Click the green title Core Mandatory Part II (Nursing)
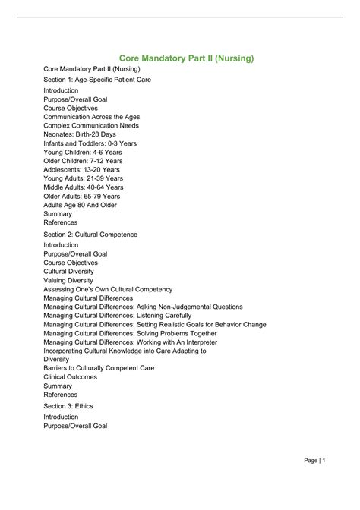click(x=186, y=58)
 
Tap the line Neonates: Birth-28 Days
click(x=80, y=134)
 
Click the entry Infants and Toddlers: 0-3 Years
click(x=90, y=143)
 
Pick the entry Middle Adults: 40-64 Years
click(x=84, y=187)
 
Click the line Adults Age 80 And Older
click(x=81, y=205)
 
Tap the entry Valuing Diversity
click(x=69, y=280)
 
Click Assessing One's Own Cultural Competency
click(x=108, y=289)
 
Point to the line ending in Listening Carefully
click(x=118, y=316)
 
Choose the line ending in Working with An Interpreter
click(x=127, y=342)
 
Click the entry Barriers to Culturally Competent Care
click(x=99, y=368)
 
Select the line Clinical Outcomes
click(x=71, y=377)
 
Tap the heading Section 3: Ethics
click(x=68, y=406)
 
